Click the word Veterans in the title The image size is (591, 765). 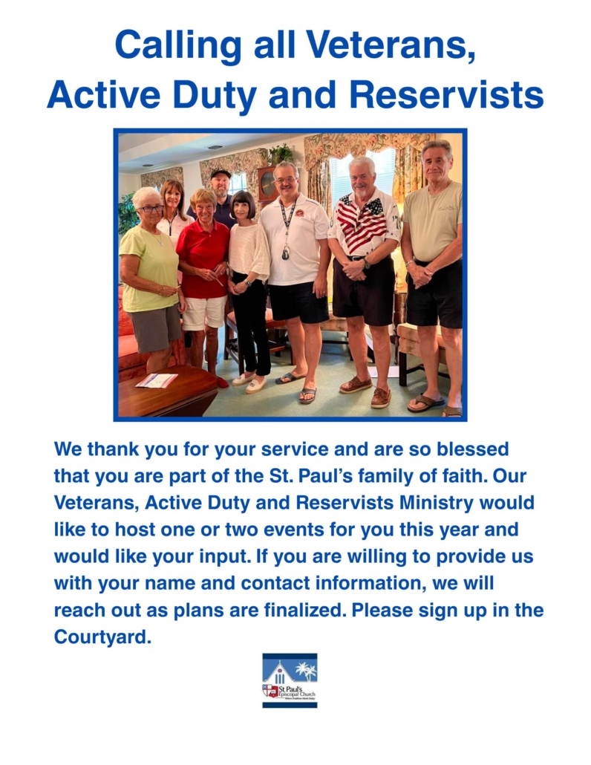[x=390, y=45]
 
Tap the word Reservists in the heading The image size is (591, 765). [x=446, y=94]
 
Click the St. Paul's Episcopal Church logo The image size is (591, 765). [x=290, y=680]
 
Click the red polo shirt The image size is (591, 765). [x=203, y=258]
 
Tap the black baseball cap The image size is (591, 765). [x=221, y=174]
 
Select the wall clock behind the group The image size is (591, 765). [x=267, y=184]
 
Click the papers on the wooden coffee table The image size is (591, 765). [x=157, y=380]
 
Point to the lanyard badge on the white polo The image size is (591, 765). [x=286, y=252]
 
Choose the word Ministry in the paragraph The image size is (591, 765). [x=436, y=503]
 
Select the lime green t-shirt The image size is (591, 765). [x=148, y=268]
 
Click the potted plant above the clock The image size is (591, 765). [x=281, y=154]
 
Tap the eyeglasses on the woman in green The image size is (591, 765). [x=151, y=209]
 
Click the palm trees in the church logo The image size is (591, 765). [x=306, y=671]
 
